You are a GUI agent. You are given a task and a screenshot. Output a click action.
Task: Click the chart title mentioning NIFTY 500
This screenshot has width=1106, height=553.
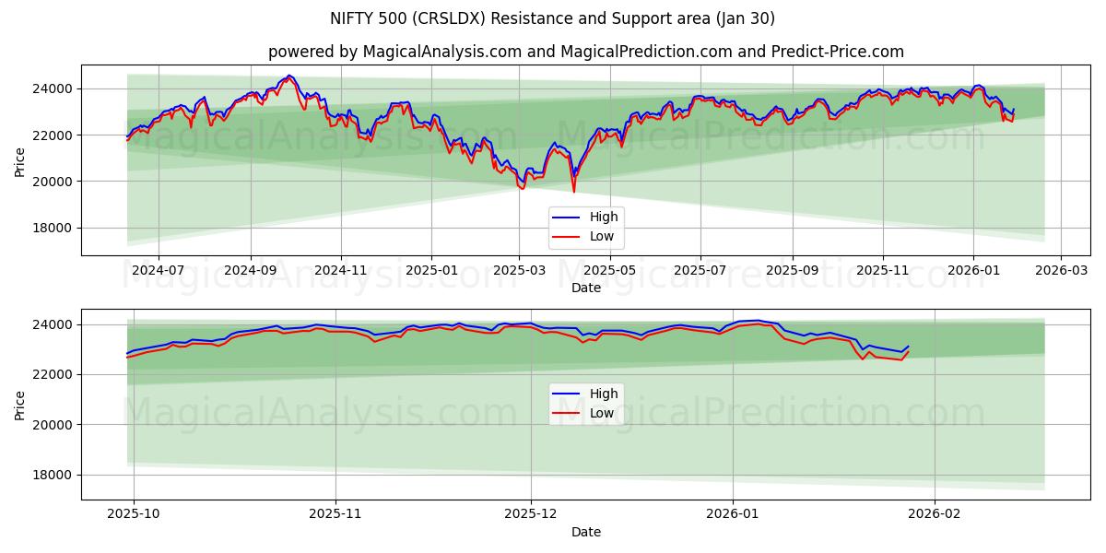552,18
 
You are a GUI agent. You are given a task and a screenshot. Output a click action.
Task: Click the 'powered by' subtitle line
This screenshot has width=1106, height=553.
585,52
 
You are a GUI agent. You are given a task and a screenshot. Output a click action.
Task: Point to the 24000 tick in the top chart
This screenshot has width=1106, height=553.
54,89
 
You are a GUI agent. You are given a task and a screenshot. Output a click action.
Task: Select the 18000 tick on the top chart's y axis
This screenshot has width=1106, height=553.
54,229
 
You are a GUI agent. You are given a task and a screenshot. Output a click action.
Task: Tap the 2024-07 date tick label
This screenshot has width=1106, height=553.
158,271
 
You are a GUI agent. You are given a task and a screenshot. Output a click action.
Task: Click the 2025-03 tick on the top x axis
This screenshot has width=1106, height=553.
519,271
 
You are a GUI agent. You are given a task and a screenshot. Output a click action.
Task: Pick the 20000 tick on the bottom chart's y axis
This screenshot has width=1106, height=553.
54,425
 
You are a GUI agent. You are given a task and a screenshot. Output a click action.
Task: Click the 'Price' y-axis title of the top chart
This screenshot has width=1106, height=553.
20,160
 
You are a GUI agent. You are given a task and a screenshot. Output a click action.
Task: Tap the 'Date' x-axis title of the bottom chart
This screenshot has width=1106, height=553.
585,532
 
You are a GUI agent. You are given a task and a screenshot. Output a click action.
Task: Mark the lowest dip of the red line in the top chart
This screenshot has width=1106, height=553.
573,192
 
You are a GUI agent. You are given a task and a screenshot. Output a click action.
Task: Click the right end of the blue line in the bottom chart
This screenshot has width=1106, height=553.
909,347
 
